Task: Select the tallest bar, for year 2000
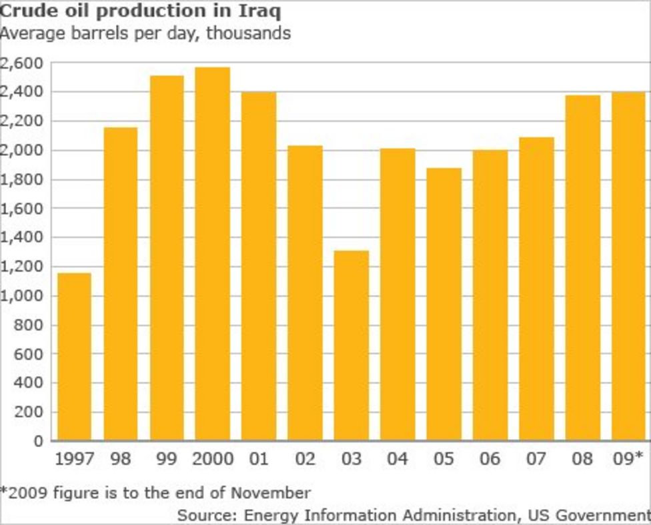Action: coord(212,254)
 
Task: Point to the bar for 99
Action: coord(166,258)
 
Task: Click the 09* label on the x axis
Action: coord(628,460)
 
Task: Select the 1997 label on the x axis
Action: coord(74,460)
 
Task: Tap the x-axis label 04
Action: coord(397,460)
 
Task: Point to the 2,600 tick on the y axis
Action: coord(22,63)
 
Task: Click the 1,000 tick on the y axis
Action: coord(22,296)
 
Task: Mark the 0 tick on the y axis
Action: coord(38,441)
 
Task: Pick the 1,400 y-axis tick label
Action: coord(22,238)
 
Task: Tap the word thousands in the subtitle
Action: coord(248,33)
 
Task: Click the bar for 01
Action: coord(259,266)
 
